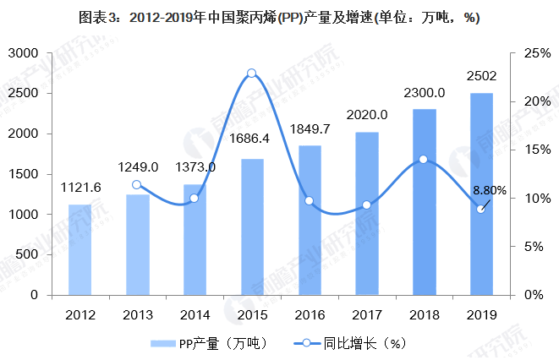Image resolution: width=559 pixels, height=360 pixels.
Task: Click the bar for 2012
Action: point(79,249)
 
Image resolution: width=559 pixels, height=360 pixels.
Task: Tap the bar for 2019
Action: point(481,194)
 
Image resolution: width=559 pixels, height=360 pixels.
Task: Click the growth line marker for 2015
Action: point(251,74)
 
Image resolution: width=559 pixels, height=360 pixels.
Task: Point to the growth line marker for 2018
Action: point(424,159)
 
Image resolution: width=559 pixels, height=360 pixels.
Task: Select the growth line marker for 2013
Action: point(137,184)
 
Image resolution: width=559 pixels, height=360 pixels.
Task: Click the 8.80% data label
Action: point(490,191)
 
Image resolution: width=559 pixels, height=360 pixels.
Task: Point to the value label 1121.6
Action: point(81,188)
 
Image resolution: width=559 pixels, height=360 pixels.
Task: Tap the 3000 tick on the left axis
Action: point(25,53)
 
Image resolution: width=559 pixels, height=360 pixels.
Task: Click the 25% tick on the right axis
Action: point(535,53)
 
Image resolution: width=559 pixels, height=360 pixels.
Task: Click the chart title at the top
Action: point(279,19)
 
